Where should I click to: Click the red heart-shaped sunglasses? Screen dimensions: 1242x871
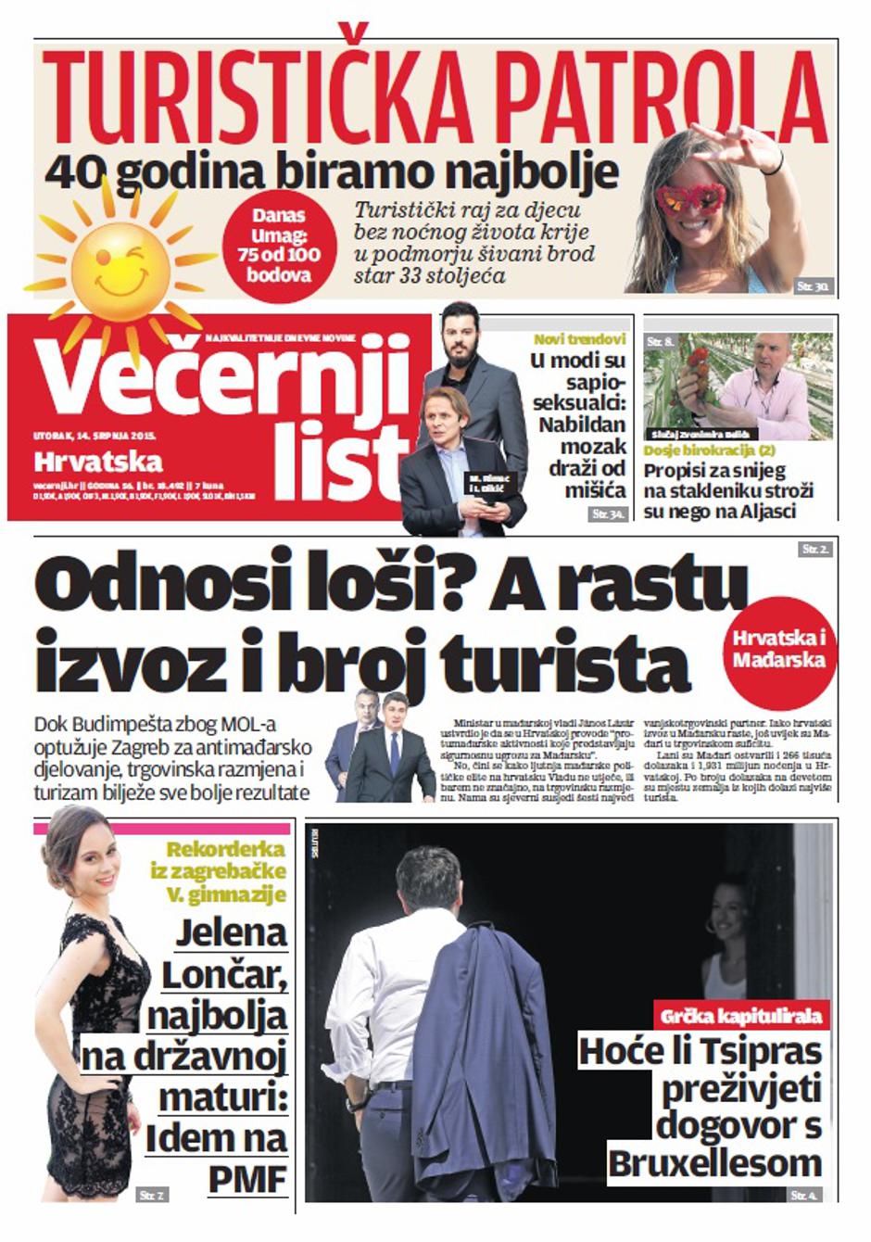click(689, 197)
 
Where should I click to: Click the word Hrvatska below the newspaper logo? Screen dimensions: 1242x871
click(98, 461)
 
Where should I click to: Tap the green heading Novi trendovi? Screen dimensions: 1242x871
click(579, 339)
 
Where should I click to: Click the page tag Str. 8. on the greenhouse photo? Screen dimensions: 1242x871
click(661, 343)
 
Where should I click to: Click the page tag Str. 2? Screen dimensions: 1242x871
click(815, 550)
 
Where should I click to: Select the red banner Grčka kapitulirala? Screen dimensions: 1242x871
click(741, 1016)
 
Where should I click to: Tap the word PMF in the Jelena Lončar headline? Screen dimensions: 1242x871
click(246, 1180)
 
